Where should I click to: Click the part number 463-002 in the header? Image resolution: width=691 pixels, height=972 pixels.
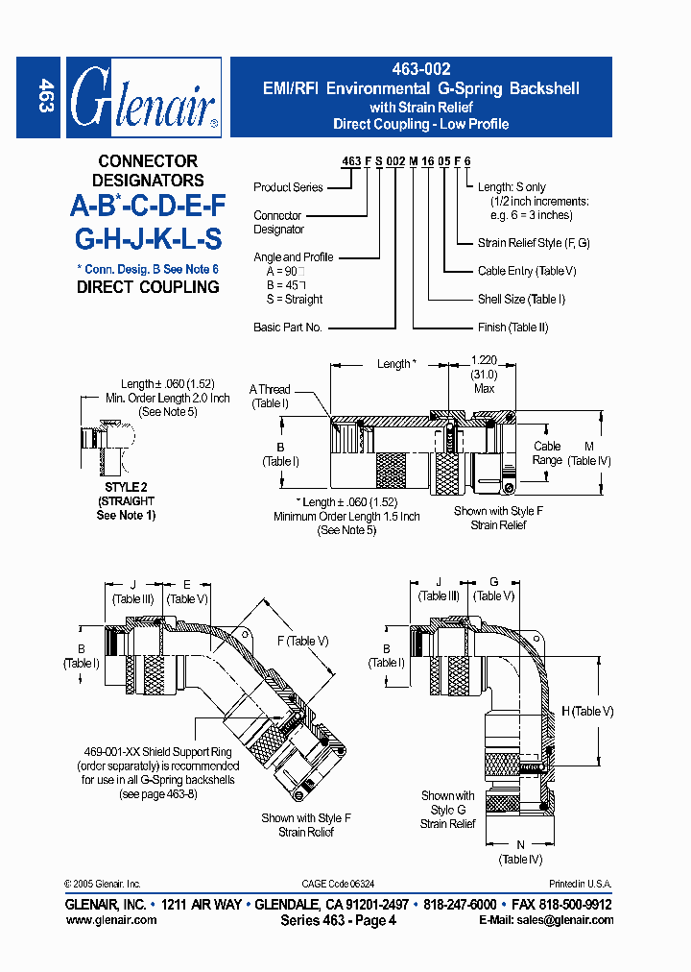[421, 69]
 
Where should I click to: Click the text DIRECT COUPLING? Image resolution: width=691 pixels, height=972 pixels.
[147, 287]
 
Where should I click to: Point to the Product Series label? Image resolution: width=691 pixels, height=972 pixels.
[288, 187]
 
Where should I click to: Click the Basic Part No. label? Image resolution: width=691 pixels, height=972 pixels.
[287, 328]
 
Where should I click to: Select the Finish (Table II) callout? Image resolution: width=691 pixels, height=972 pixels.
[512, 328]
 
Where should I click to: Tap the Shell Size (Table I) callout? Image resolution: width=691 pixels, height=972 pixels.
[521, 299]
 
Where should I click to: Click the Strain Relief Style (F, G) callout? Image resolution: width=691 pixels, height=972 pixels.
[534, 244]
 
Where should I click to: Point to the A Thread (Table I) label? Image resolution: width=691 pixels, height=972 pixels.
[269, 396]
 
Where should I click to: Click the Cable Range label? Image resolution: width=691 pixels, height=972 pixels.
[547, 452]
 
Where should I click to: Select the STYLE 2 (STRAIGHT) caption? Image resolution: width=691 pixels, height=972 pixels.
[126, 501]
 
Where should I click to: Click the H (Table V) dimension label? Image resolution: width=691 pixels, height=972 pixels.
[587, 711]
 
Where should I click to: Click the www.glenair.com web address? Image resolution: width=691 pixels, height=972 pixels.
[110, 919]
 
